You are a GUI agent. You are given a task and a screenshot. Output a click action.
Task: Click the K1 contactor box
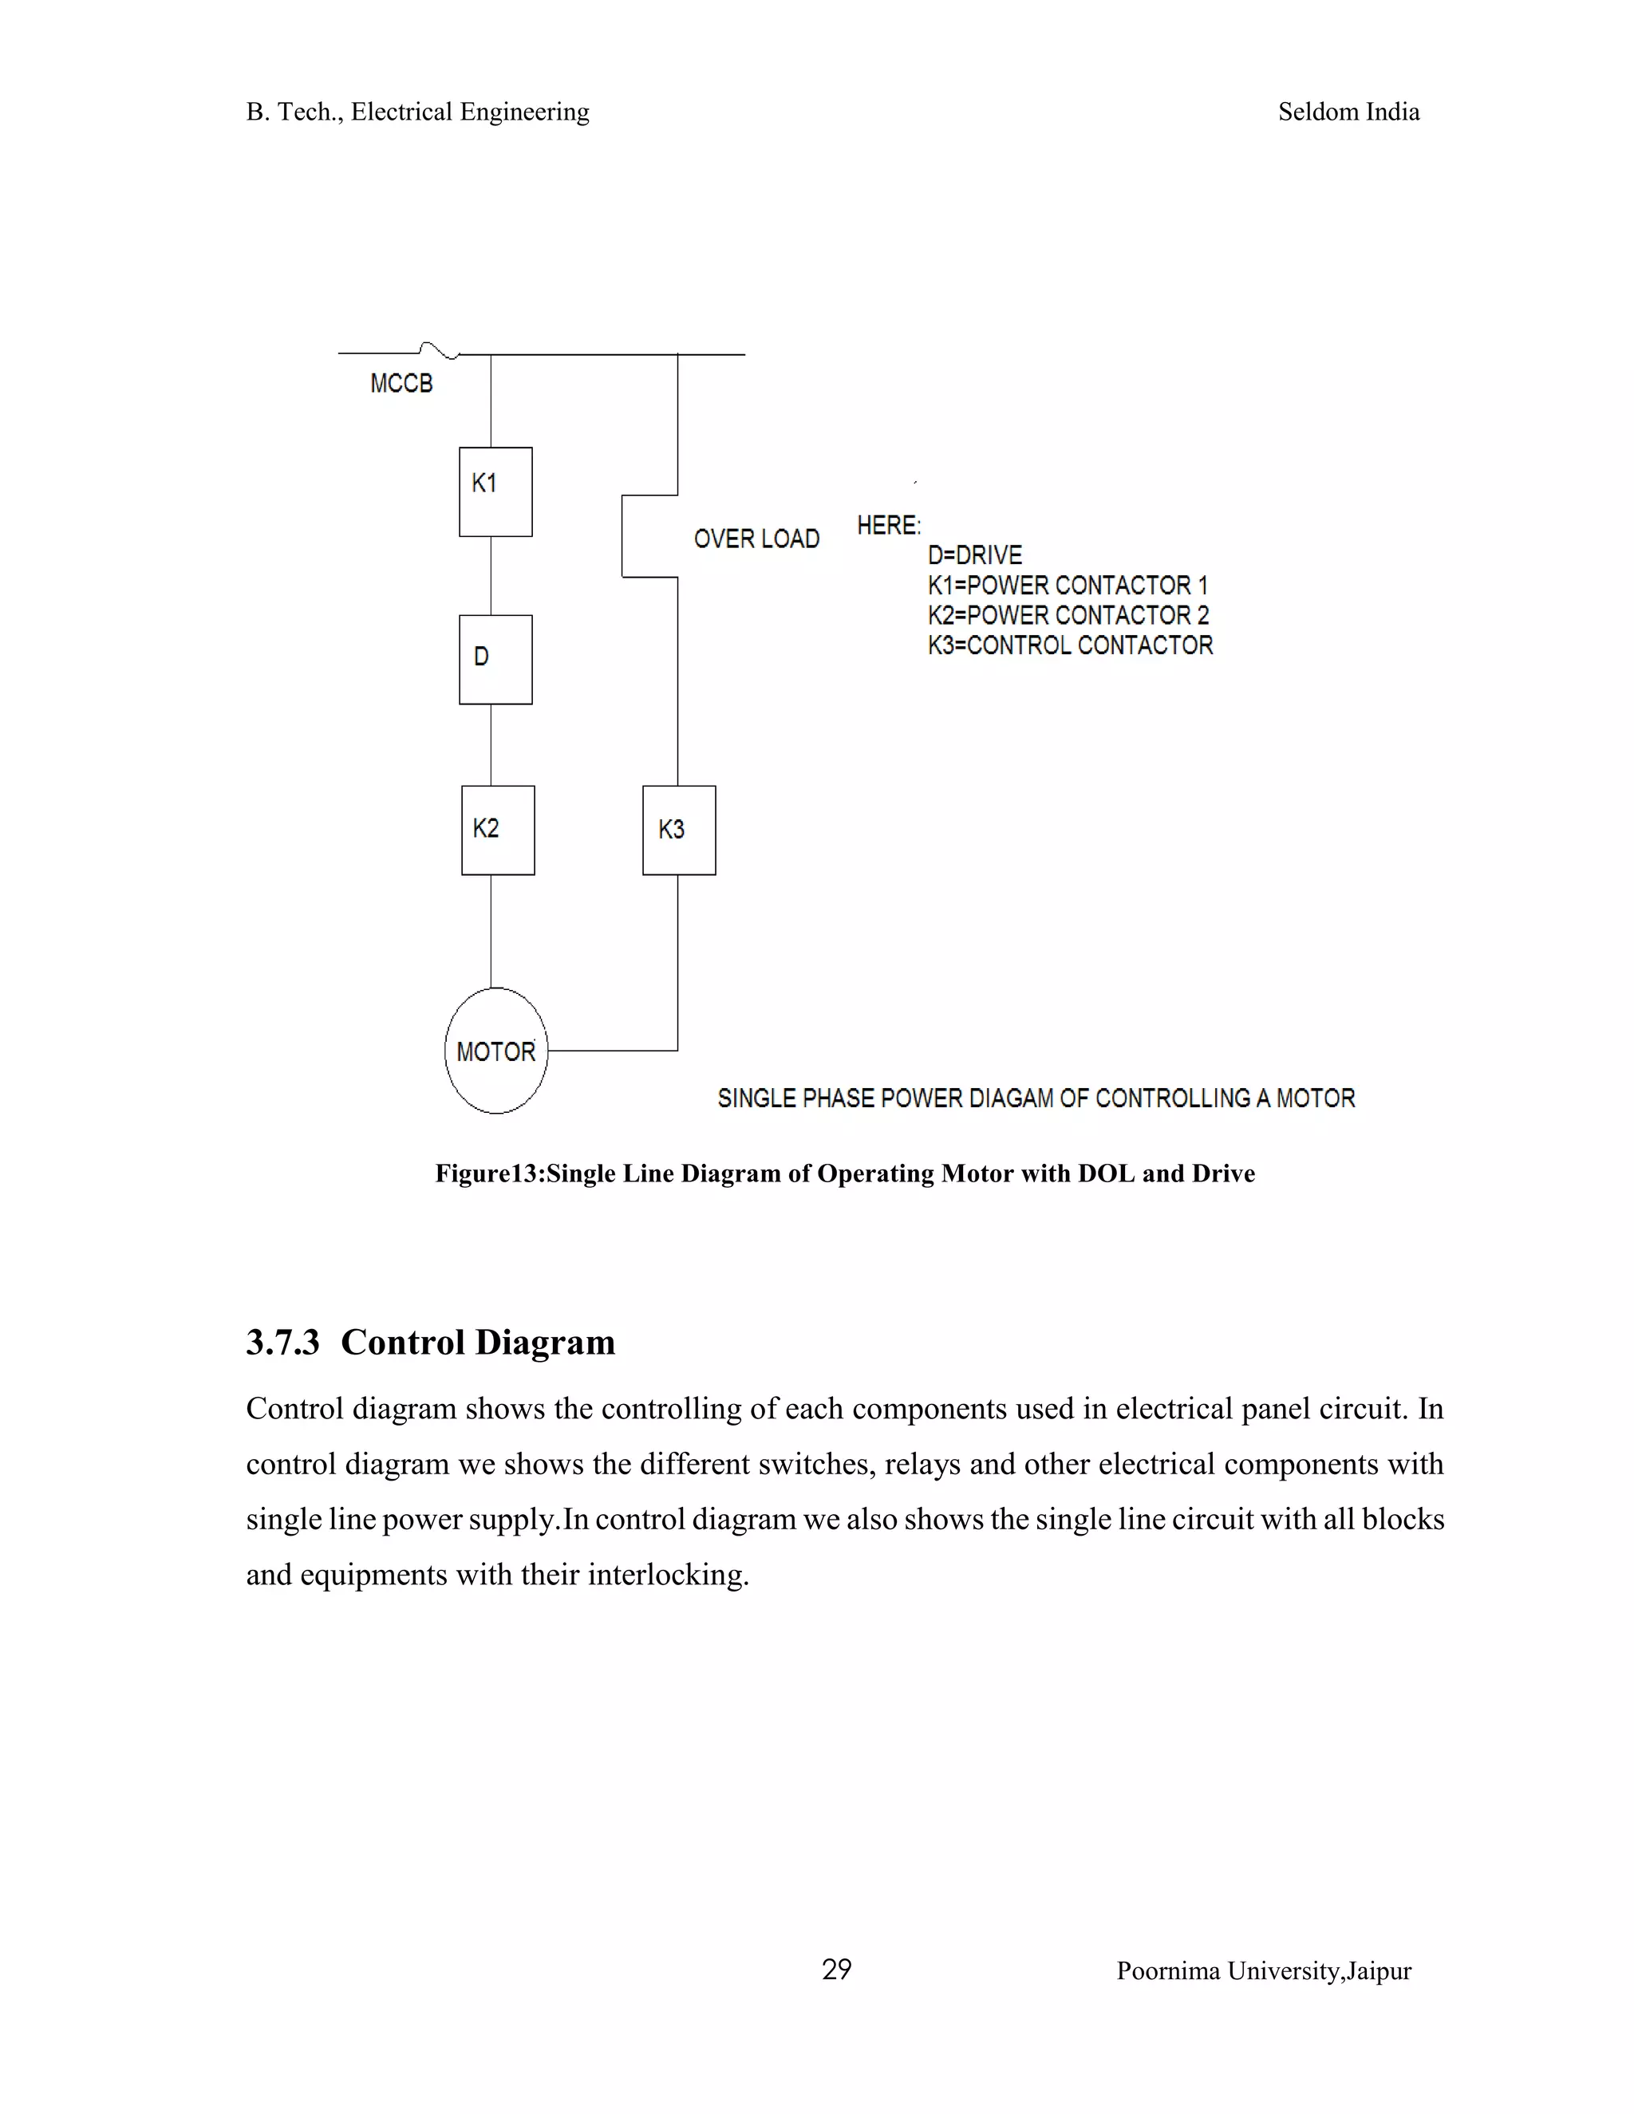point(495,491)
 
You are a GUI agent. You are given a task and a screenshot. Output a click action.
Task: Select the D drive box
point(495,659)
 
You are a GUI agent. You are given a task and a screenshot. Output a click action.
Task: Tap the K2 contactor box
point(498,830)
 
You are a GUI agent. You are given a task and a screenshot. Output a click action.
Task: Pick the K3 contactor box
point(679,830)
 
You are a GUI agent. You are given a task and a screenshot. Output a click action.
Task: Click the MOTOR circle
point(495,1051)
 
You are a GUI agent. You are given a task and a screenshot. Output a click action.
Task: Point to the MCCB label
point(401,385)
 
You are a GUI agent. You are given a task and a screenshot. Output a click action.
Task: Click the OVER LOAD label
point(756,539)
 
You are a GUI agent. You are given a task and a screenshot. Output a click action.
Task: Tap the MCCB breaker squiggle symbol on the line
point(439,350)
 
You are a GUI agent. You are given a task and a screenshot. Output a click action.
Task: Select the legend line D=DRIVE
point(974,555)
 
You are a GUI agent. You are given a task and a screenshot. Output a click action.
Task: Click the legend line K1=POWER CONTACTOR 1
point(1067,586)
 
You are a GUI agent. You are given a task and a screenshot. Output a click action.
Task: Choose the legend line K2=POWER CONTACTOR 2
point(1068,616)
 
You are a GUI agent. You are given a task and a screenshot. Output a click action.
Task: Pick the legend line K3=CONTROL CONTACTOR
point(1070,645)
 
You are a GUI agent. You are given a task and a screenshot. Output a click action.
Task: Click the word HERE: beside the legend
point(888,526)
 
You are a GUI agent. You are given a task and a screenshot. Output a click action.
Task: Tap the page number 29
point(836,1970)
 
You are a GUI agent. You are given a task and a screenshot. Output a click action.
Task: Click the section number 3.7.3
point(282,1343)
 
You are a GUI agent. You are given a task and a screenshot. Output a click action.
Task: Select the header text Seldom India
point(1348,112)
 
